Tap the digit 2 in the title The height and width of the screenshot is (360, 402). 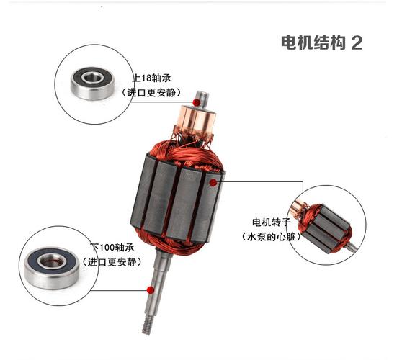tap(356, 42)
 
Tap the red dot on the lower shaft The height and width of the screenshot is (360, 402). tap(150, 290)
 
